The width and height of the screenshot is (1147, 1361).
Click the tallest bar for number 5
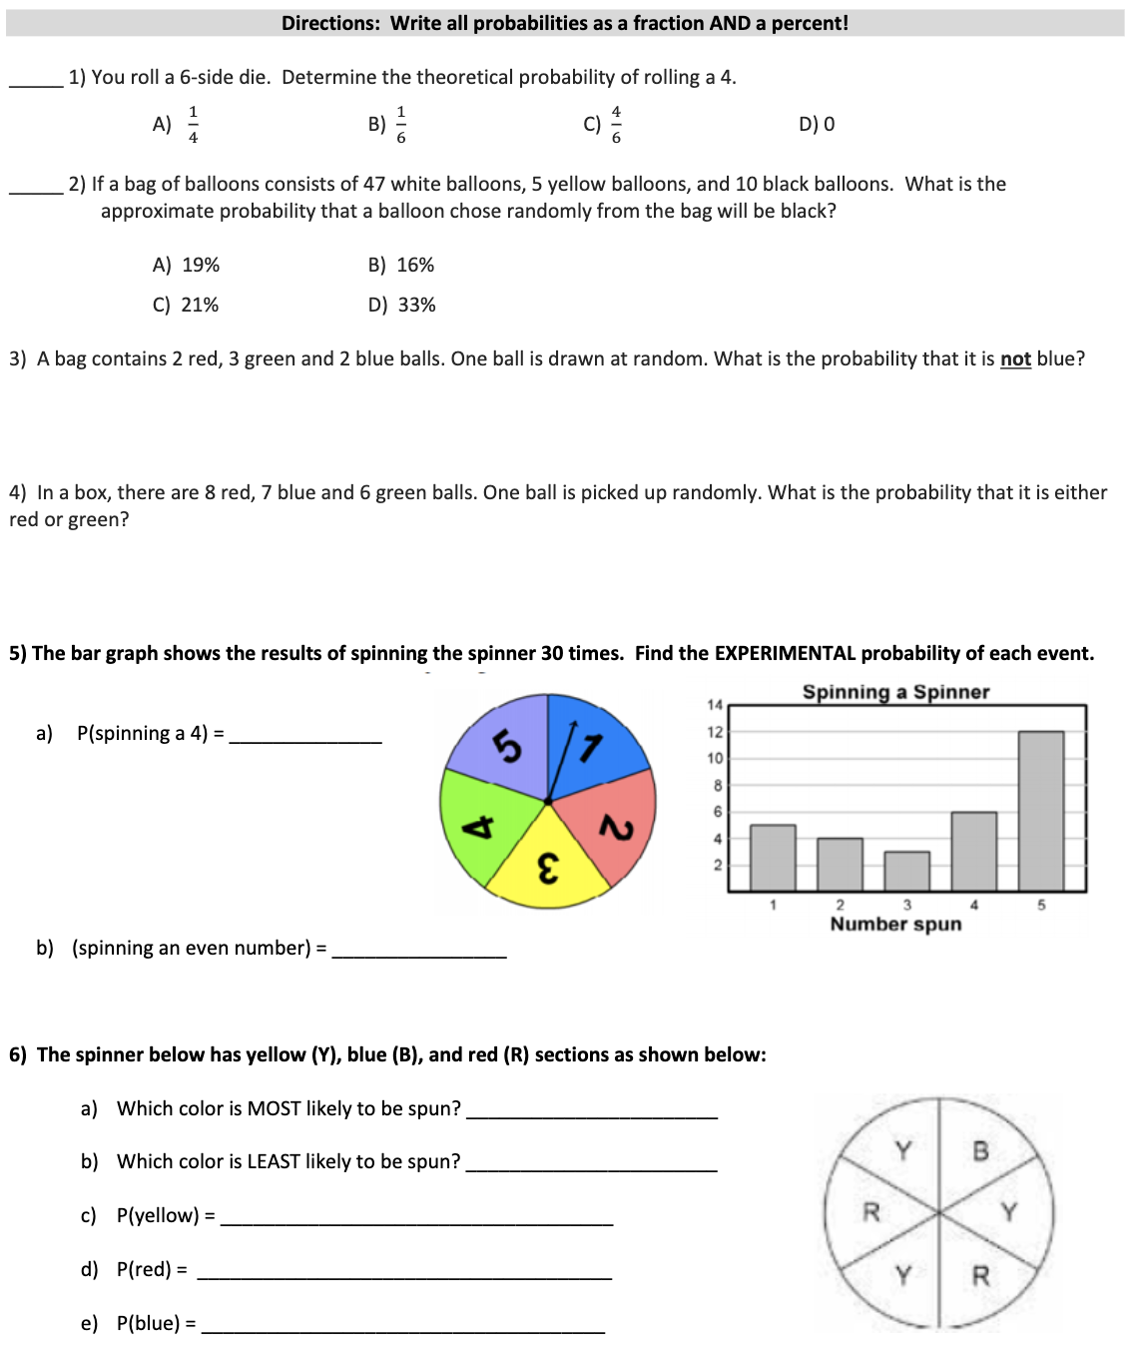pyautogui.click(x=1040, y=810)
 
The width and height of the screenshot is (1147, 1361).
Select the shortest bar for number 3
pyautogui.click(x=906, y=871)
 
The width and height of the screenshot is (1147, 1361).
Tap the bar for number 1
pyautogui.click(x=773, y=857)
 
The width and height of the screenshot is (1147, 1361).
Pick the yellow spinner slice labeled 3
pyautogui.click(x=548, y=862)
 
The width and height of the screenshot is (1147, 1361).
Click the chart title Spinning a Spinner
pyautogui.click(x=895, y=692)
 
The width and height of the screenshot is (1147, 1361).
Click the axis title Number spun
pyautogui.click(x=895, y=924)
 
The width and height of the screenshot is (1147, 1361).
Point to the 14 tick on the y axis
pyautogui.click(x=715, y=705)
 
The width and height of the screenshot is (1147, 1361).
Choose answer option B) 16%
pyautogui.click(x=401, y=265)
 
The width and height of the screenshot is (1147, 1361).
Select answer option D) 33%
pyautogui.click(x=401, y=305)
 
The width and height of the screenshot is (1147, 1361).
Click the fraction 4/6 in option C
pyautogui.click(x=616, y=124)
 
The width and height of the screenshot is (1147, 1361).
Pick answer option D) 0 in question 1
pyautogui.click(x=817, y=124)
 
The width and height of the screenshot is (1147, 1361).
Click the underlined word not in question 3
pyautogui.click(x=1015, y=359)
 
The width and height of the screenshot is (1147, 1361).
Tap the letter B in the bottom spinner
pyautogui.click(x=980, y=1151)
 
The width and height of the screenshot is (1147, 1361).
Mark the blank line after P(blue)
pyautogui.click(x=402, y=1331)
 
